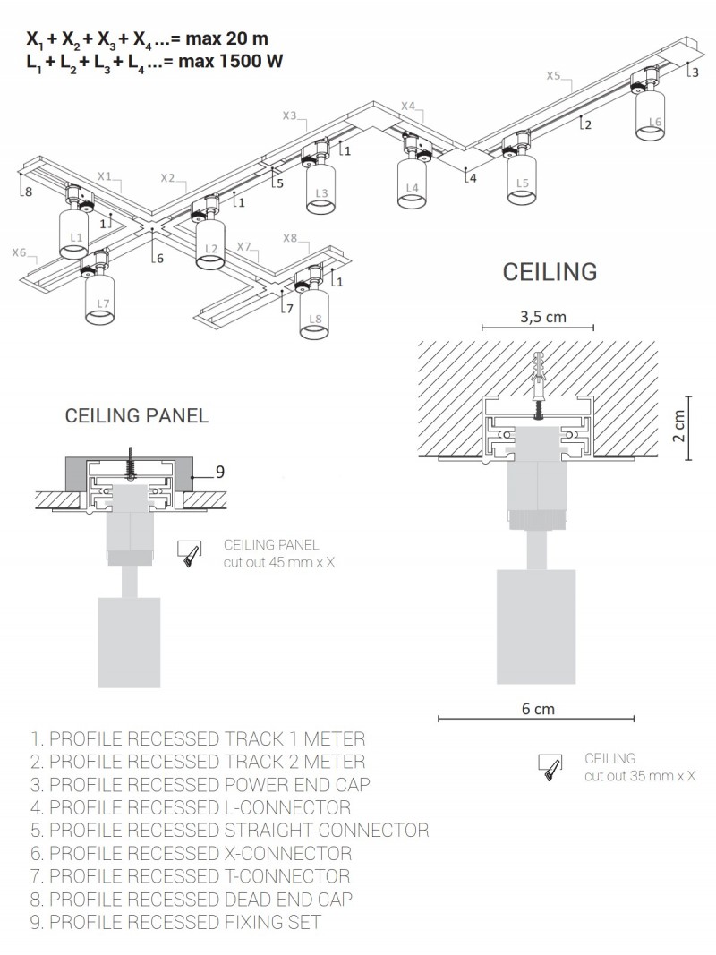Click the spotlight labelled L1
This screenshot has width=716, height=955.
[x=75, y=234]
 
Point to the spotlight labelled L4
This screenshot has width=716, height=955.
[x=411, y=183]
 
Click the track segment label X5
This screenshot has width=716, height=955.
[x=554, y=76]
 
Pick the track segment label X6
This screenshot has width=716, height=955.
[x=20, y=253]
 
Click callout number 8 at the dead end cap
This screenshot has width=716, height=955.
[x=28, y=192]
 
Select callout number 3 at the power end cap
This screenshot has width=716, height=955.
[x=695, y=72]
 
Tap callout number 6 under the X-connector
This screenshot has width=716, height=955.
[x=159, y=259]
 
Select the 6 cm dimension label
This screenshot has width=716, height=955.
[x=538, y=710]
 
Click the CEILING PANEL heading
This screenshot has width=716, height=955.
[x=137, y=415]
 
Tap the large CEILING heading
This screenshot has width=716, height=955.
[x=550, y=271]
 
